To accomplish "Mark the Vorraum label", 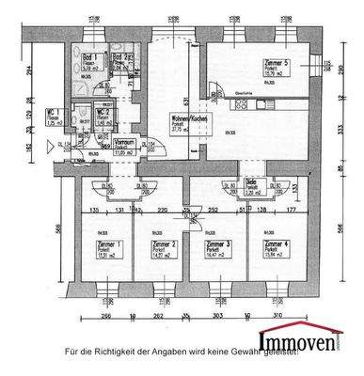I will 124,142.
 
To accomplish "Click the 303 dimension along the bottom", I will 217,318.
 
